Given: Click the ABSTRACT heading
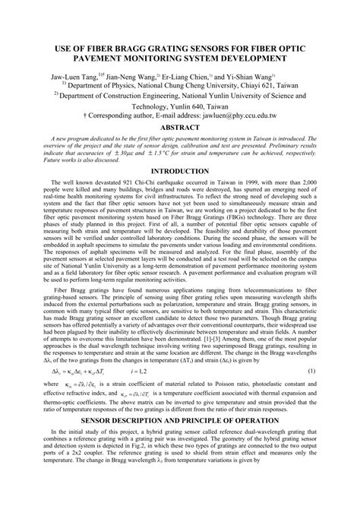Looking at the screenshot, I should (x=180, y=129).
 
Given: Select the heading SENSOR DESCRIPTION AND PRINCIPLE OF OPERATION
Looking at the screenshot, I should (x=180, y=441).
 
